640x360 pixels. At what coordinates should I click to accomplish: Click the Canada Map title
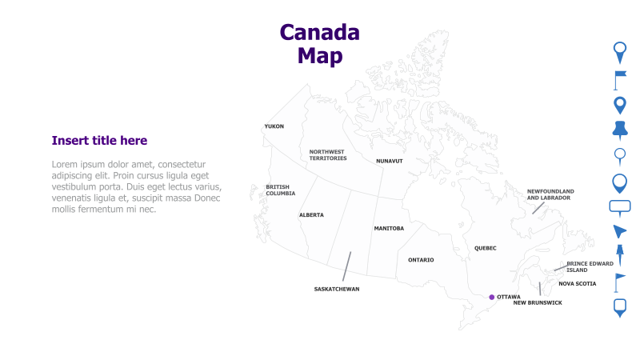coord(319,44)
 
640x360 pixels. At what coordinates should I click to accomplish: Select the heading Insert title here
coord(99,141)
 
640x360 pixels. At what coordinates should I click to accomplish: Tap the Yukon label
coord(274,126)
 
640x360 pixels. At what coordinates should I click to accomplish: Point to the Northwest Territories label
coord(328,155)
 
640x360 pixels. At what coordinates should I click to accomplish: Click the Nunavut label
coord(390,161)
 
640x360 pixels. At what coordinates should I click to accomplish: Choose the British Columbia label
coord(280,190)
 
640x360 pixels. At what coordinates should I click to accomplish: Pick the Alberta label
coord(311,215)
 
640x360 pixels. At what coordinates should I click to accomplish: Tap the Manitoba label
coord(389,229)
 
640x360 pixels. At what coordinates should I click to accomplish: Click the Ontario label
coord(421,260)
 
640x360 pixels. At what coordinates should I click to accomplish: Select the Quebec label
coord(485,248)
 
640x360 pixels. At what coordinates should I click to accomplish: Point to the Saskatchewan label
coord(336,289)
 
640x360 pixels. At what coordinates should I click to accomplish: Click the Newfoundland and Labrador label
coord(550,194)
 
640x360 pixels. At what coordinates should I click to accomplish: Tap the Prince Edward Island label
coord(590,266)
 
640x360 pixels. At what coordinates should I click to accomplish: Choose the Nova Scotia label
coord(577,283)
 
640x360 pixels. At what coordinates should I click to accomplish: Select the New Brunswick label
coord(538,303)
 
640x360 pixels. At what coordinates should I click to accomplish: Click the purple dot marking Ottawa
coord(492,297)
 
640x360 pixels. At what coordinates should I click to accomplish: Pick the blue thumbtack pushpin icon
coord(619,129)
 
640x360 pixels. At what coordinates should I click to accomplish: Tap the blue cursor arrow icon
coord(619,231)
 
